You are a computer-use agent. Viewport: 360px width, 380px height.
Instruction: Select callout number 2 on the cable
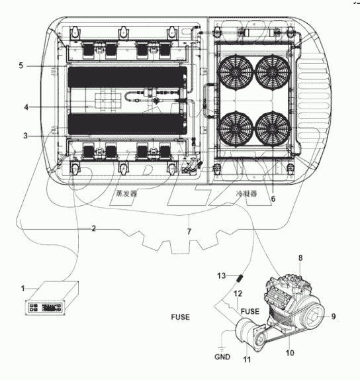tap(94, 228)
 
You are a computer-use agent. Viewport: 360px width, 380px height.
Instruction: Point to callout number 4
tap(26, 107)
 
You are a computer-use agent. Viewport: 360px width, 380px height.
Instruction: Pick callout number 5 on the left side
tap(21, 66)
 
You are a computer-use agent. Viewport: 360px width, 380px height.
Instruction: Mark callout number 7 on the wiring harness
tap(189, 231)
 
